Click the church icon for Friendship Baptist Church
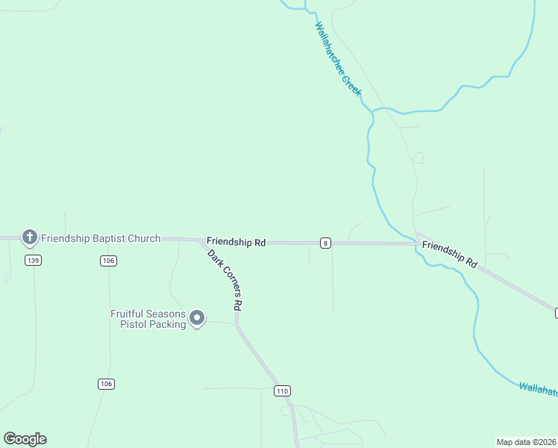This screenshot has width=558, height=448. pyautogui.click(x=30, y=238)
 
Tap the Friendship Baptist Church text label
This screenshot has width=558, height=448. pyautogui.click(x=101, y=239)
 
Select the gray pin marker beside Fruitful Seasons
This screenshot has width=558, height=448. pyautogui.click(x=198, y=319)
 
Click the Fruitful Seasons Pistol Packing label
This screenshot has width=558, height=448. pyautogui.click(x=148, y=319)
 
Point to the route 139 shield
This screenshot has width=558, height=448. pyautogui.click(x=32, y=260)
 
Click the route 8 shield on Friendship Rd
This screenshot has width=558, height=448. pyautogui.click(x=326, y=243)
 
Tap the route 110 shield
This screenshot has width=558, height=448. pyautogui.click(x=281, y=391)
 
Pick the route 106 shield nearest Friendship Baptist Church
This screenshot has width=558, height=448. pyautogui.click(x=108, y=260)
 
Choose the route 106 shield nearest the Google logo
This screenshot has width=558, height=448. pyautogui.click(x=106, y=384)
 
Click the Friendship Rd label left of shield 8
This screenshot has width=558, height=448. pyautogui.click(x=236, y=243)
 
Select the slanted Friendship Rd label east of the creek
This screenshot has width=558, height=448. pyautogui.click(x=449, y=254)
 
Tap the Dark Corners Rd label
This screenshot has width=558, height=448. pyautogui.click(x=225, y=279)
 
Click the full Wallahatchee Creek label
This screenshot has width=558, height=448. pyautogui.click(x=338, y=59)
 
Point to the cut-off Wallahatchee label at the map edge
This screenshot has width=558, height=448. pyautogui.click(x=538, y=388)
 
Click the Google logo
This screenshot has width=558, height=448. pyautogui.click(x=25, y=439)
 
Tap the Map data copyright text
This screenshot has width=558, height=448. pyautogui.click(x=527, y=441)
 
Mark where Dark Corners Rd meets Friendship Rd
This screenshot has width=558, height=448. pyautogui.click(x=201, y=240)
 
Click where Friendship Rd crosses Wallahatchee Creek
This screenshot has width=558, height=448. pyautogui.click(x=416, y=243)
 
